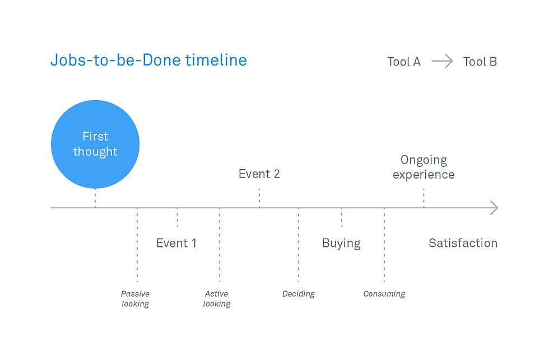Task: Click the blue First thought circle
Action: click(x=95, y=144)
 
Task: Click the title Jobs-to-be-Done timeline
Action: click(x=149, y=60)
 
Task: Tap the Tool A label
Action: click(x=404, y=62)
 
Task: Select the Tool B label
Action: click(x=480, y=62)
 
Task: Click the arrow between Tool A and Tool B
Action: click(x=442, y=61)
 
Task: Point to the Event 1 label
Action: click(x=176, y=243)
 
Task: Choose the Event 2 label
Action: click(x=259, y=174)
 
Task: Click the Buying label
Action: click(x=341, y=243)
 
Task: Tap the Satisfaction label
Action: click(x=463, y=243)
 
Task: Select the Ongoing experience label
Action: click(x=424, y=167)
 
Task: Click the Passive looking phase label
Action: click(x=135, y=298)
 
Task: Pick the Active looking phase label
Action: click(x=217, y=298)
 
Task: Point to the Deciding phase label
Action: click(x=298, y=294)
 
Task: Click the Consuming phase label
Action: click(x=384, y=294)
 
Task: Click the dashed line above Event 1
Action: click(x=178, y=218)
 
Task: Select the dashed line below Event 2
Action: click(x=259, y=198)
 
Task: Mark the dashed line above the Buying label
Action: click(x=342, y=218)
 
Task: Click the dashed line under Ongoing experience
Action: click(x=424, y=198)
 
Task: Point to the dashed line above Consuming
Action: click(x=384, y=245)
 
